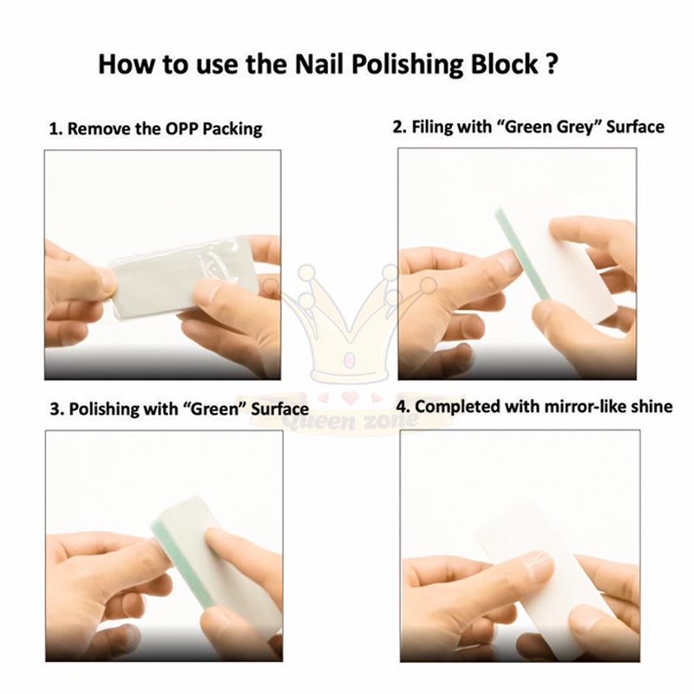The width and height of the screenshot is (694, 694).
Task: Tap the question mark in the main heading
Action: pyautogui.click(x=551, y=63)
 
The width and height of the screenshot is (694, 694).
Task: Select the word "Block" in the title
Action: pyautogui.click(x=504, y=63)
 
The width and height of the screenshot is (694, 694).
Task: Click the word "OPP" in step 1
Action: pyautogui.click(x=181, y=128)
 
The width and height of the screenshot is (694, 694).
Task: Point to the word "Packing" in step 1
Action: pyautogui.click(x=232, y=129)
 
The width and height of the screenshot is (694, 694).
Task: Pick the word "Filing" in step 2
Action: pyautogui.click(x=429, y=127)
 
